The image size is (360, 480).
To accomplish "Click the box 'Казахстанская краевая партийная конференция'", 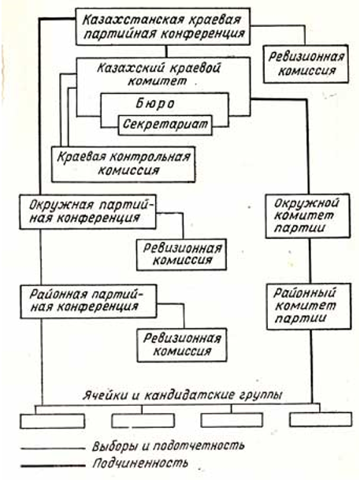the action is click(x=163, y=26).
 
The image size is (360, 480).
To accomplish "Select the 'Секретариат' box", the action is click(x=165, y=125).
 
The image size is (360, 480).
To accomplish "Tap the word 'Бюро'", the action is click(x=154, y=104).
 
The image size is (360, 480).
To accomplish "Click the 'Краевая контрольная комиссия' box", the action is click(x=123, y=165).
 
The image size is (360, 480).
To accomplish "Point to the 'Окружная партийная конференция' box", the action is click(x=87, y=212).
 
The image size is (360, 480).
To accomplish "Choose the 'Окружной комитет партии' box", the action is click(x=307, y=216).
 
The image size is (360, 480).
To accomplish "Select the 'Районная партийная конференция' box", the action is click(x=88, y=302).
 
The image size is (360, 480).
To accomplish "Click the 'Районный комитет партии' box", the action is click(x=309, y=307).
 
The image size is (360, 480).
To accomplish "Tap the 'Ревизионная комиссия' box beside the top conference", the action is click(x=306, y=64).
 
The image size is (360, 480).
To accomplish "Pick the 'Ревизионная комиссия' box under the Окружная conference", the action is click(x=181, y=255).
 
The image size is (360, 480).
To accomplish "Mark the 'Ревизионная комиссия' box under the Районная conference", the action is click(x=182, y=345).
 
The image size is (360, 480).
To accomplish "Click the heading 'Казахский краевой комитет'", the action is click(x=158, y=74).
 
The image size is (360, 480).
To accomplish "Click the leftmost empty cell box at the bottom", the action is click(x=52, y=421).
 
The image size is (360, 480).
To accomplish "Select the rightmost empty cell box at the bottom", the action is click(x=321, y=419).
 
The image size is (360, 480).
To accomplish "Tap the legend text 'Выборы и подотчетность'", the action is click(x=169, y=446).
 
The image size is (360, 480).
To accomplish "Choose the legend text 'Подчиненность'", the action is click(x=140, y=463).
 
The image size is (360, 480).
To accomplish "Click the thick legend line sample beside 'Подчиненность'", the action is click(x=53, y=466).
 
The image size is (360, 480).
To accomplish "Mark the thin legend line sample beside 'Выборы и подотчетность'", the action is click(x=53, y=448).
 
